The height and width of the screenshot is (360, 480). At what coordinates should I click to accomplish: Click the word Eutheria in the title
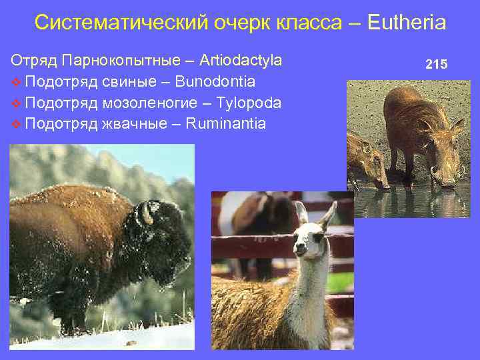405,23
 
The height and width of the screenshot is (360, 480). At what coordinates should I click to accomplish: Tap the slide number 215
437,65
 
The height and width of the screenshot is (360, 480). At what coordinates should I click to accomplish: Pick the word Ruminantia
226,124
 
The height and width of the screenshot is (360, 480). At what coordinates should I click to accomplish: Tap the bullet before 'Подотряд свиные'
16,83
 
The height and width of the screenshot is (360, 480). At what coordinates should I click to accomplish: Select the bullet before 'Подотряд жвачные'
16,125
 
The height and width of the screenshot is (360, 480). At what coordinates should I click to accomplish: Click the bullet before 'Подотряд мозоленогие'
16,104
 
